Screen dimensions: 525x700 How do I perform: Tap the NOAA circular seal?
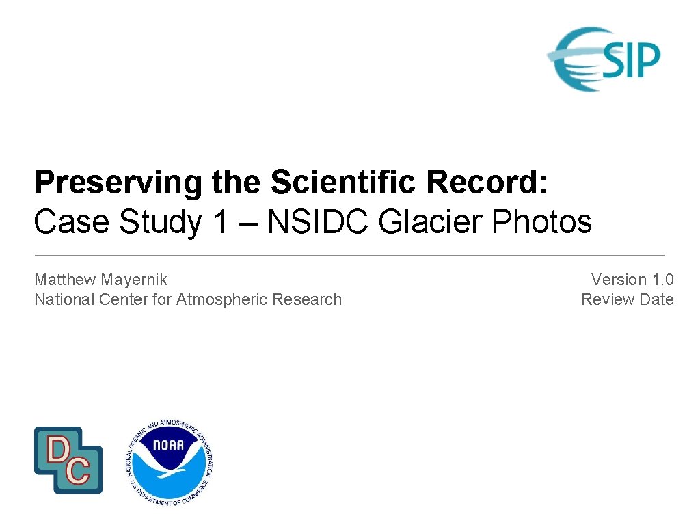click(170, 462)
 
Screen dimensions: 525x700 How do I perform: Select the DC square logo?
click(68, 460)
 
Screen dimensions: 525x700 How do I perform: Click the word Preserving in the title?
click(118, 183)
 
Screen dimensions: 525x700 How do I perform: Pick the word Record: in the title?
click(487, 183)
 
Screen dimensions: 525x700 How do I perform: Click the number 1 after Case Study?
click(219, 222)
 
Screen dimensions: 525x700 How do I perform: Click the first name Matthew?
click(65, 280)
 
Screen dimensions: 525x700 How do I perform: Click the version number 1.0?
click(662, 280)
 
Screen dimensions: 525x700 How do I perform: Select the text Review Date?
click(627, 299)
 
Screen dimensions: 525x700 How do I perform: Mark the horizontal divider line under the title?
click(349, 255)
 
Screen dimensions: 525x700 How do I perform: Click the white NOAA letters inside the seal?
click(169, 446)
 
